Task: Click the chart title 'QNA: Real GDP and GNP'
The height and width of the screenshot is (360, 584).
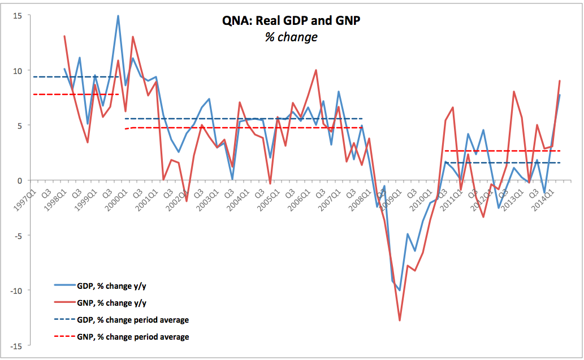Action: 291,21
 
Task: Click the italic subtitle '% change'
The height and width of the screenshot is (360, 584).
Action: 291,37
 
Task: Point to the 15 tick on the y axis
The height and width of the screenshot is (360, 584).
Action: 18,16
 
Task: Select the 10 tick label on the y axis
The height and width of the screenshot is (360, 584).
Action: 18,71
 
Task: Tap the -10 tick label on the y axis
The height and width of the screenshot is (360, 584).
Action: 16,290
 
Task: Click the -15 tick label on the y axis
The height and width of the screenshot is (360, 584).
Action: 16,345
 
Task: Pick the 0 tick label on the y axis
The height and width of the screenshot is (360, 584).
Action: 20,181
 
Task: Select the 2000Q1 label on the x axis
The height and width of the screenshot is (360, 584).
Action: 118,197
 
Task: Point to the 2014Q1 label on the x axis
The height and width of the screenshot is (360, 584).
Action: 545,197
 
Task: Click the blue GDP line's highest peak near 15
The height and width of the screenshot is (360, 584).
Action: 118,16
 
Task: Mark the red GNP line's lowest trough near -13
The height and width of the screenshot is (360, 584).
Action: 400,320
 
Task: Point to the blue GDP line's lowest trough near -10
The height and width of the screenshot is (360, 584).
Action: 400,290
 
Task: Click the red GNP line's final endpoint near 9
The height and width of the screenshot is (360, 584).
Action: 560,81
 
